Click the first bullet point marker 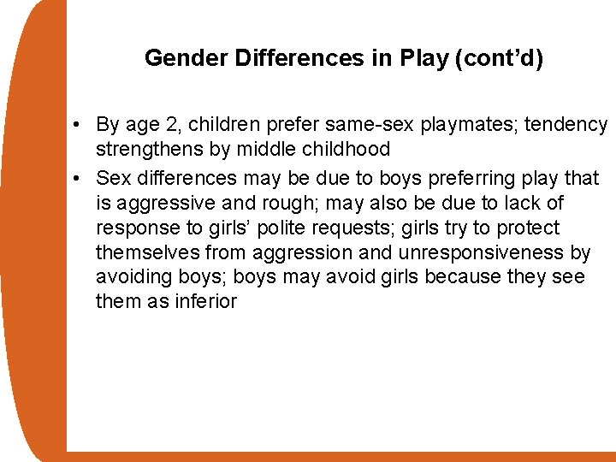pos(77,125)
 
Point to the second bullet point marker pos(77,178)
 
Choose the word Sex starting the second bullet pos(113,178)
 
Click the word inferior pos(204,301)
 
